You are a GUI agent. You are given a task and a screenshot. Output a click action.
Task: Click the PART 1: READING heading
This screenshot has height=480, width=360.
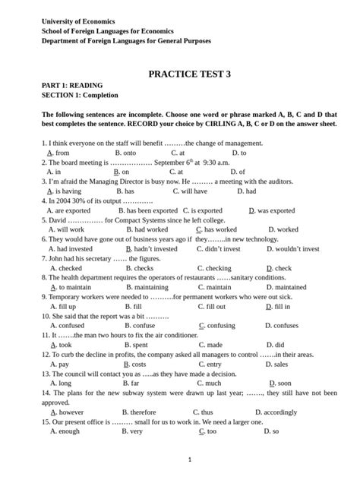[72, 86]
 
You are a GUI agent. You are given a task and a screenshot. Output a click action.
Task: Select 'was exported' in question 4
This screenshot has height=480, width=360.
[276, 210]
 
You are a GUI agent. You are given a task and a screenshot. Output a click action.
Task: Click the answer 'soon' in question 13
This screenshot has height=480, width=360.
[284, 384]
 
